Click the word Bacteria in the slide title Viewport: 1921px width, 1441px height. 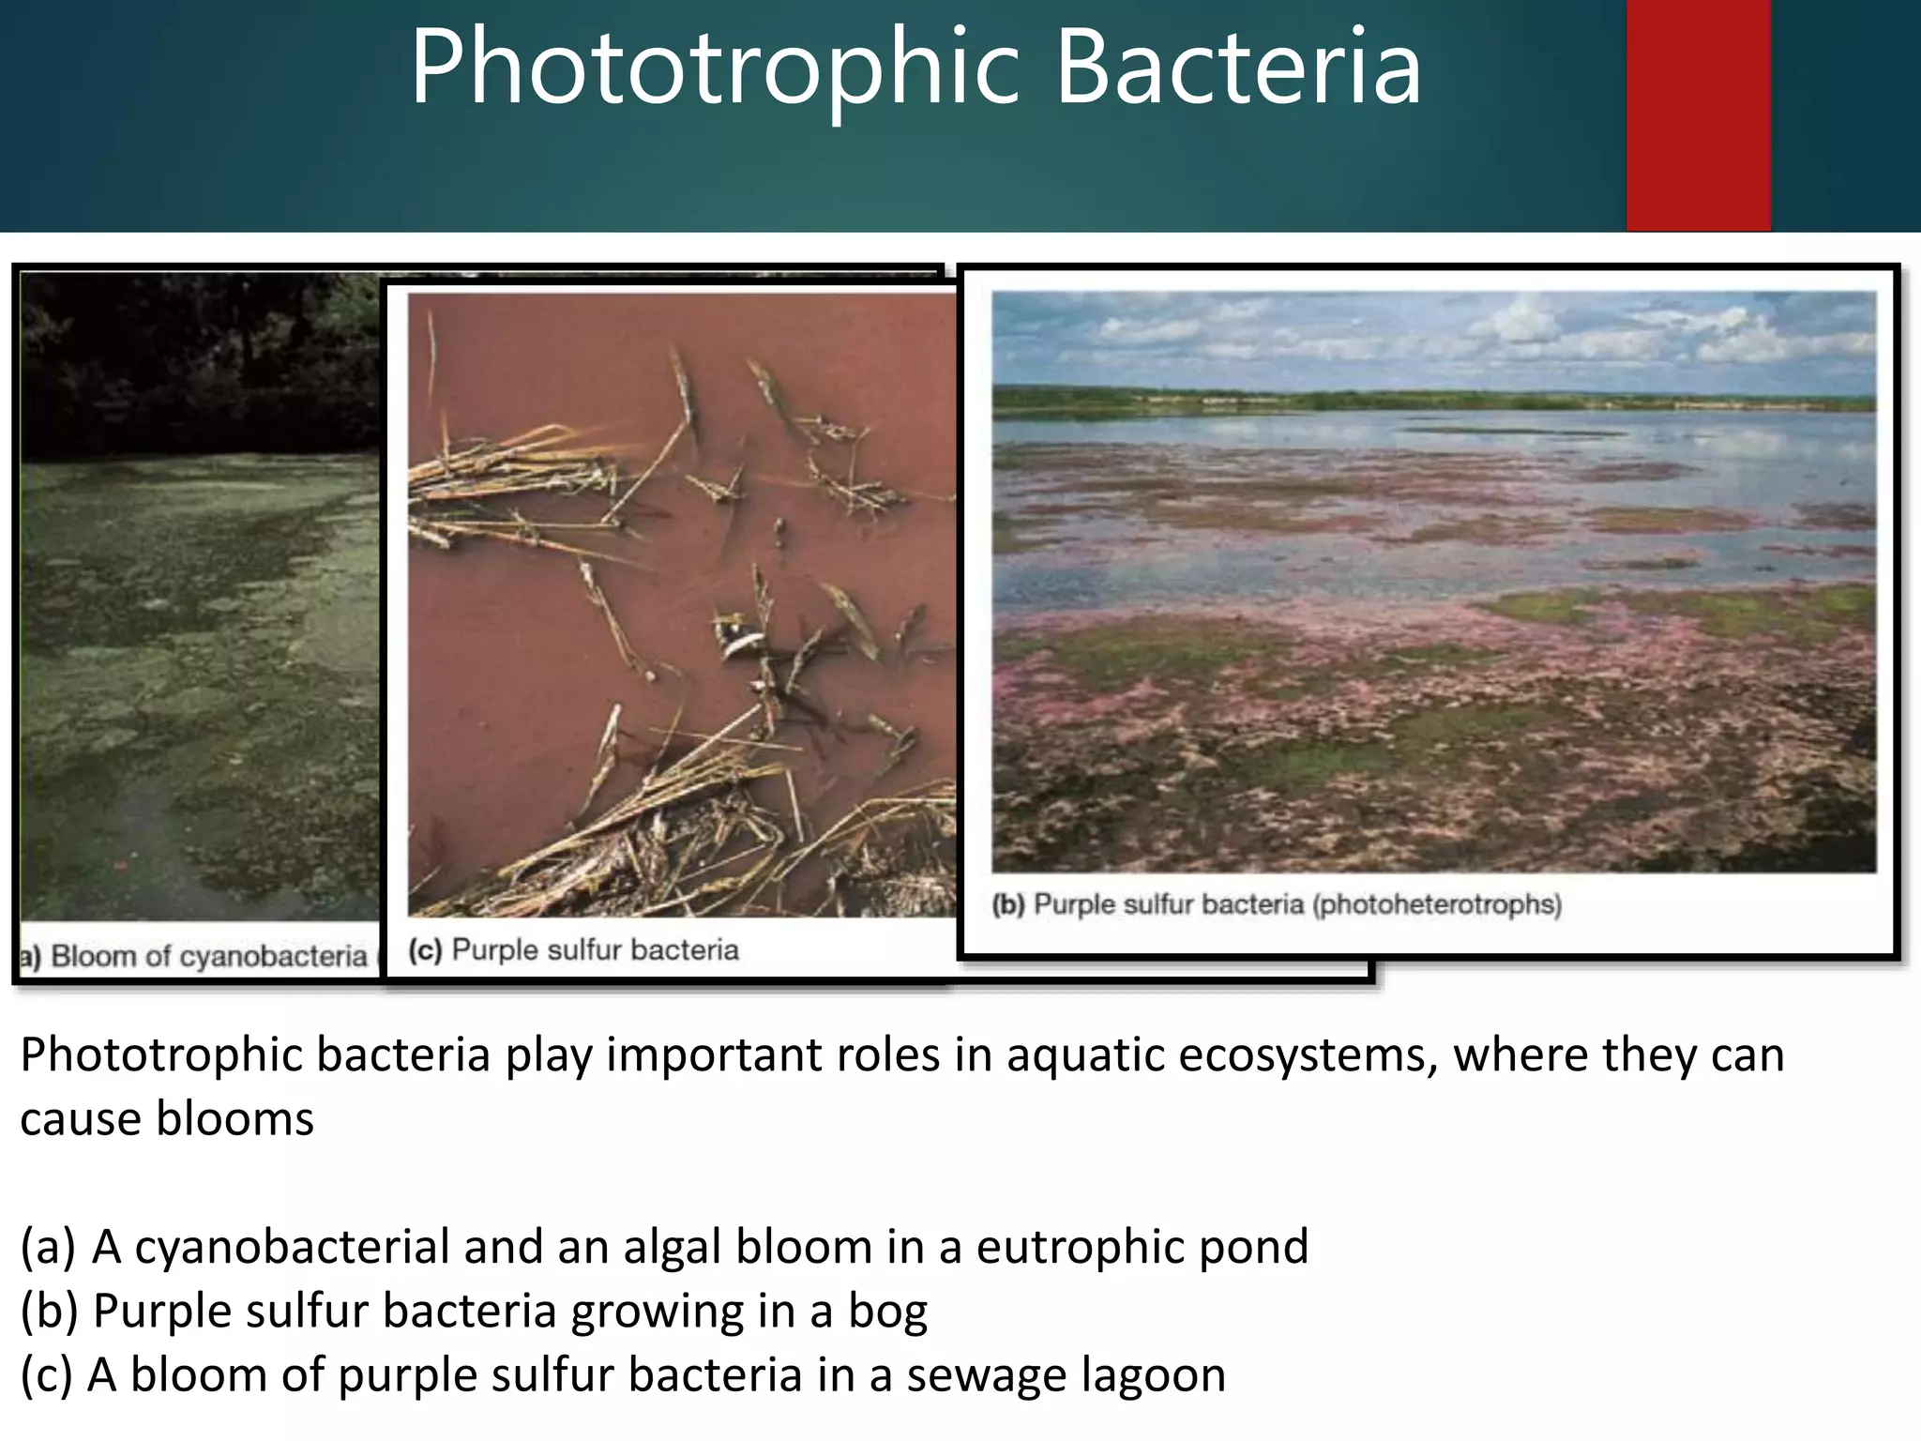pos(1239,68)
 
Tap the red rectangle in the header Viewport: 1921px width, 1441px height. pos(1698,114)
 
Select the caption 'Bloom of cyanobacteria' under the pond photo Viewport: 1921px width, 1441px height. pos(208,956)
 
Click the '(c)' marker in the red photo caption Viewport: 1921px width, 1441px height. pos(425,950)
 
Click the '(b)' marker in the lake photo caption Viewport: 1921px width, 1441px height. pos(1008,905)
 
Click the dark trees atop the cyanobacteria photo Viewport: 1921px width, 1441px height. pos(188,356)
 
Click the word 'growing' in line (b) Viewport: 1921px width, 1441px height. pos(658,1312)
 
